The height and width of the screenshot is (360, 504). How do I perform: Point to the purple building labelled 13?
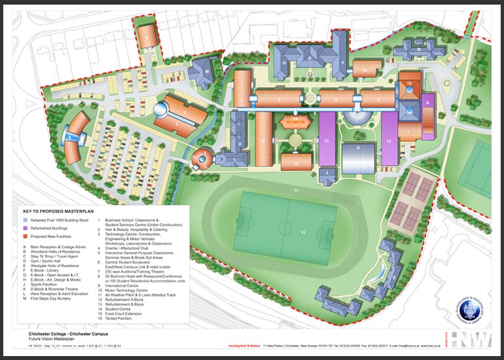[x=327, y=141]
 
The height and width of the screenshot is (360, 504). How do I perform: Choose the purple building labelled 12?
[x=389, y=141]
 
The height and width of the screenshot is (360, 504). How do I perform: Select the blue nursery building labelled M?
[x=206, y=71]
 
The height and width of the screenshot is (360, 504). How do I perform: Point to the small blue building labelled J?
[x=327, y=173]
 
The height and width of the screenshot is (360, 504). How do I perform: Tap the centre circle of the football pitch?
[x=285, y=228]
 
